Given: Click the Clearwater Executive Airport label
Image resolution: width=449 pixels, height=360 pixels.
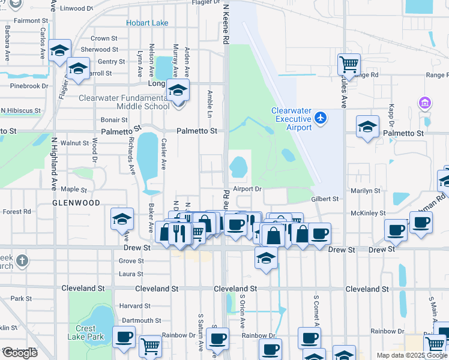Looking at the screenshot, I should point(291,119).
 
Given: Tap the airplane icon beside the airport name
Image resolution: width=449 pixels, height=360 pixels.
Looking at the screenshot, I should point(321,117).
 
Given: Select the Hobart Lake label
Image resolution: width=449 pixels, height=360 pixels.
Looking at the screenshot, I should point(147,23).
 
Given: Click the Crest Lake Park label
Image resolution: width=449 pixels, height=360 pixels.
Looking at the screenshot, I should point(85,332).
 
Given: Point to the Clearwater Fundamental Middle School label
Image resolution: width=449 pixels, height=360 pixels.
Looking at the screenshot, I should point(124,102).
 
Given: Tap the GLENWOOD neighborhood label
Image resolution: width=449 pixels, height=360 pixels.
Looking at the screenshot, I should point(76,203).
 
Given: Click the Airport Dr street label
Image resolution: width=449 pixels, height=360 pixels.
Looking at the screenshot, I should point(248,188).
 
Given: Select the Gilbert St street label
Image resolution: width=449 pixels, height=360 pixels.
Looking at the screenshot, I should point(325,199).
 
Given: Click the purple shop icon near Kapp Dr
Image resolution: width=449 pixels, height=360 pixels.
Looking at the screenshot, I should point(425,103).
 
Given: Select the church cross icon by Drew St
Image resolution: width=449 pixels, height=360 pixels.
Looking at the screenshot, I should point(22,260).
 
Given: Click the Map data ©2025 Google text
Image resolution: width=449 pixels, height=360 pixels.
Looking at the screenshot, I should point(411,355).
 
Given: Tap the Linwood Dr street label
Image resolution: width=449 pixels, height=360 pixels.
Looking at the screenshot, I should point(77,9).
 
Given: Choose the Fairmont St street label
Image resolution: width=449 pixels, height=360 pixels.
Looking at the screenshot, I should point(27,20).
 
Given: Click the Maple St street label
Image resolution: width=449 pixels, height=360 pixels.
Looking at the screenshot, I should point(74,189).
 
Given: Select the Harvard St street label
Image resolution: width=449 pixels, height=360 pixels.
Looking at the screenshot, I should point(134,306).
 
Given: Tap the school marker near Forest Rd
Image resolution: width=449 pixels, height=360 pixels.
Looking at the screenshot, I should point(122,219).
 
